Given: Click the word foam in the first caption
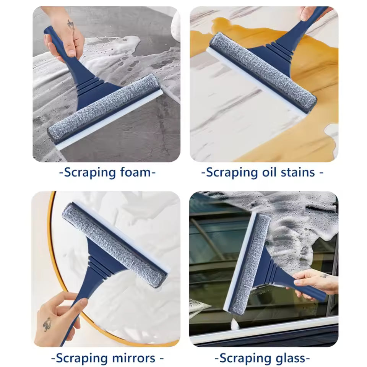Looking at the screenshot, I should tap(134, 172).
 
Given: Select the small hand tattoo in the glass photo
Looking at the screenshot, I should tap(323, 276).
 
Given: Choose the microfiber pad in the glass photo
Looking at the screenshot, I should tap(250, 264).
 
